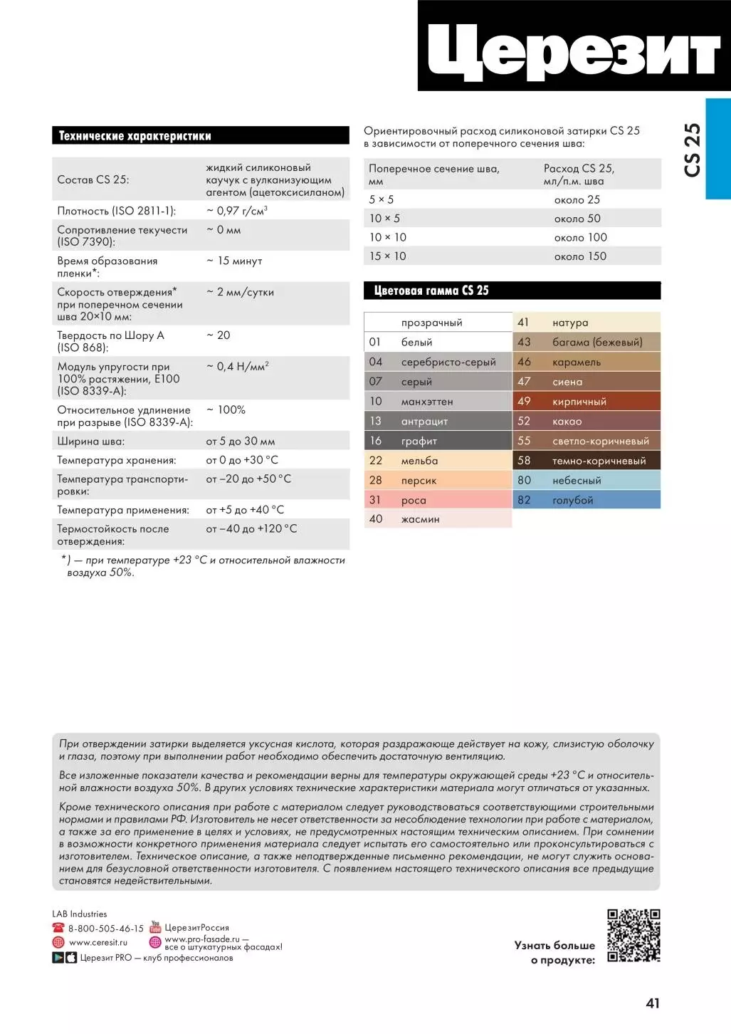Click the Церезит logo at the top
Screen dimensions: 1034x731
[574, 47]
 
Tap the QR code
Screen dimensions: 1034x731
[633, 935]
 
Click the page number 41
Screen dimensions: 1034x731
[653, 1003]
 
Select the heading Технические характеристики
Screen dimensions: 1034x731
[135, 136]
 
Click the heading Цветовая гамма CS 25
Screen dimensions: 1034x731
[431, 291]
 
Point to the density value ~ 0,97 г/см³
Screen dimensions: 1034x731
[237, 211]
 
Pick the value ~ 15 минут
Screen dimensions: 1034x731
[234, 261]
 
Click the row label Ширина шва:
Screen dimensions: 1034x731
[91, 442]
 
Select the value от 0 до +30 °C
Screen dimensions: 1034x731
[242, 460]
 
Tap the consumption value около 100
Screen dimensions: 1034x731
[580, 238]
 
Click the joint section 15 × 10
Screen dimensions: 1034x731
[388, 256]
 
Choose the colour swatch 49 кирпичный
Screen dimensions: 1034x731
[587, 402]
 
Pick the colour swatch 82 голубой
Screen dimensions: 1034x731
[587, 500]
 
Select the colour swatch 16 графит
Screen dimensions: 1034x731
[438, 441]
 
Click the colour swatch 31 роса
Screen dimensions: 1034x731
[438, 500]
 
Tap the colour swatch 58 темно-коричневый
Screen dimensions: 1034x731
[587, 461]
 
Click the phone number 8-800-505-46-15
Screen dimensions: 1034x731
[105, 929]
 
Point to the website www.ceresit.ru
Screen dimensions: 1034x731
[98, 942]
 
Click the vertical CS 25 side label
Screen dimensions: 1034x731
[693, 150]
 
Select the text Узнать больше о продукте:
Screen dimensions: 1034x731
[554, 953]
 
